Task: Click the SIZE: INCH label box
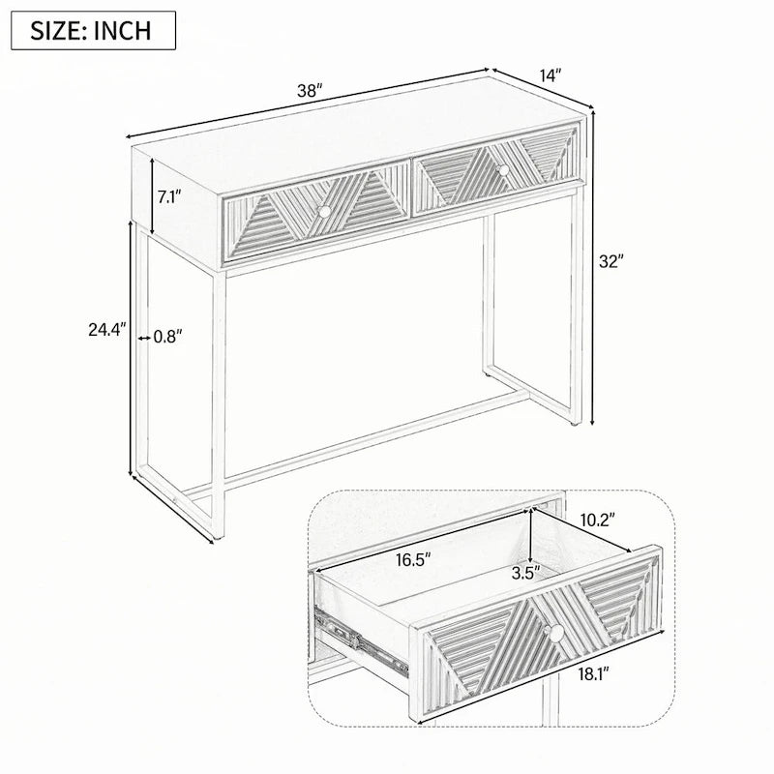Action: [93, 30]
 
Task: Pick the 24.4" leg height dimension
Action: [107, 329]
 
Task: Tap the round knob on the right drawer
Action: [502, 169]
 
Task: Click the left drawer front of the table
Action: [316, 214]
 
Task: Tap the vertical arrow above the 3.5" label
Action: [531, 537]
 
